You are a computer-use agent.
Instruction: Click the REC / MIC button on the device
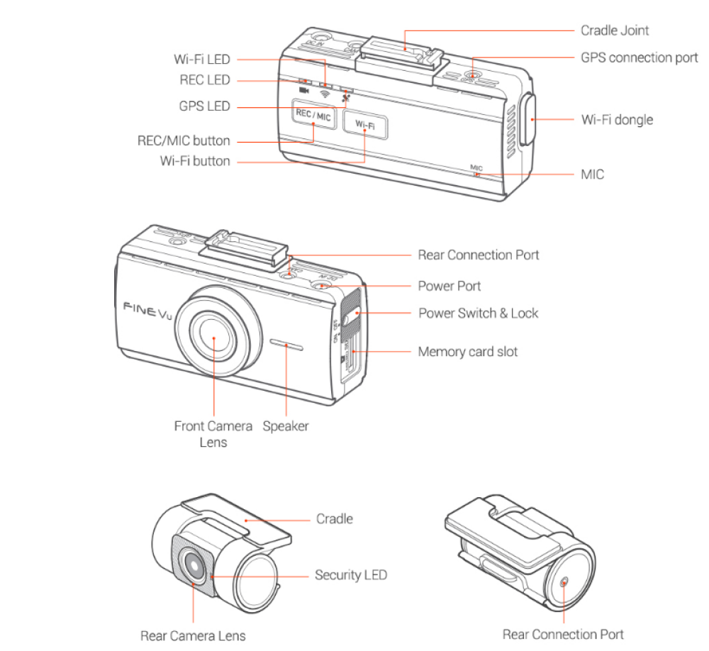(x=313, y=116)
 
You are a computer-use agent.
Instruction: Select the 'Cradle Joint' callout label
(x=615, y=30)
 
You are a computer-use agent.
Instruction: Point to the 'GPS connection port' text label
(x=639, y=57)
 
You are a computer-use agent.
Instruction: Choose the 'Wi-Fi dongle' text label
(x=617, y=119)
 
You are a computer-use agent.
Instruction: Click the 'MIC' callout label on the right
(x=592, y=174)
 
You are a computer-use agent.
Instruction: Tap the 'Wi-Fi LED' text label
(x=202, y=60)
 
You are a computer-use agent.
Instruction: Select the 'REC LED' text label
(x=205, y=80)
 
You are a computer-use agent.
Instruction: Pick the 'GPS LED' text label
(x=205, y=106)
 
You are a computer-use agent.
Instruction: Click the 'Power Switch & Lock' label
(x=478, y=313)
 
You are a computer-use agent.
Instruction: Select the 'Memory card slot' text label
(x=468, y=351)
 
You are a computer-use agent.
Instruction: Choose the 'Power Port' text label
(x=450, y=286)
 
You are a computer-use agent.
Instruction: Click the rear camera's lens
(x=193, y=565)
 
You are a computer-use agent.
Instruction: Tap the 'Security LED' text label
(x=351, y=574)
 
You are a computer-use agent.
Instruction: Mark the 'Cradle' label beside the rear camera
(x=334, y=518)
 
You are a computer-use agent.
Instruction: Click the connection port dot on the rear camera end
(x=564, y=581)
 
